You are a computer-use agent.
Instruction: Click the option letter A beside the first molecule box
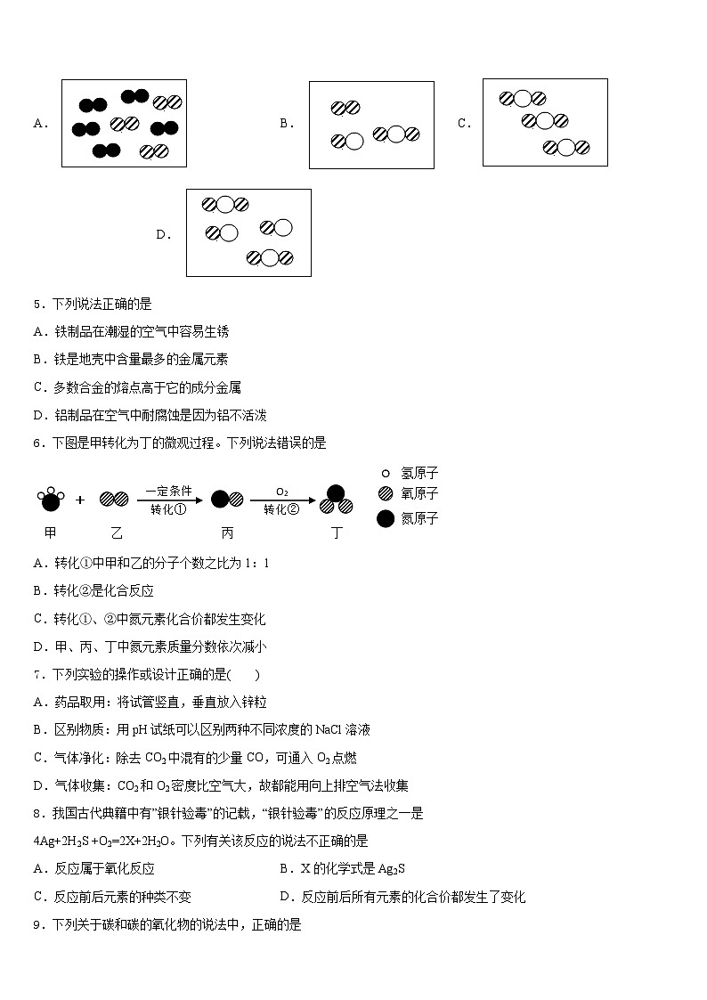coord(40,124)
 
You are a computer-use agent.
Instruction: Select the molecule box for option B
coord(371,125)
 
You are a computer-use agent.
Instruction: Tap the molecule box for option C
coord(545,122)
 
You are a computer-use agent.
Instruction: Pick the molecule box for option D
coord(248,232)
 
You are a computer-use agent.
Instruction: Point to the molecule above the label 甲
coord(50,500)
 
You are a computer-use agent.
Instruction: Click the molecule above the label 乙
coord(113,500)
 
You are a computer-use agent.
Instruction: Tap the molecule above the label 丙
coord(227,500)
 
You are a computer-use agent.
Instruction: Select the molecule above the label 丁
coord(336,501)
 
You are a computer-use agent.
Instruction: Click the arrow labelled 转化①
coord(169,500)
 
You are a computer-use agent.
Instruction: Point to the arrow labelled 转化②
coord(282,500)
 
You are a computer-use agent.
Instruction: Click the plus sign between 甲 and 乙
coord(80,500)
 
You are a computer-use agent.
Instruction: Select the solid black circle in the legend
coord(386,518)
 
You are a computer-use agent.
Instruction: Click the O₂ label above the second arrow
coord(281,491)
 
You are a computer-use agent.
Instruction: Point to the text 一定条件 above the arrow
coord(168,491)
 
